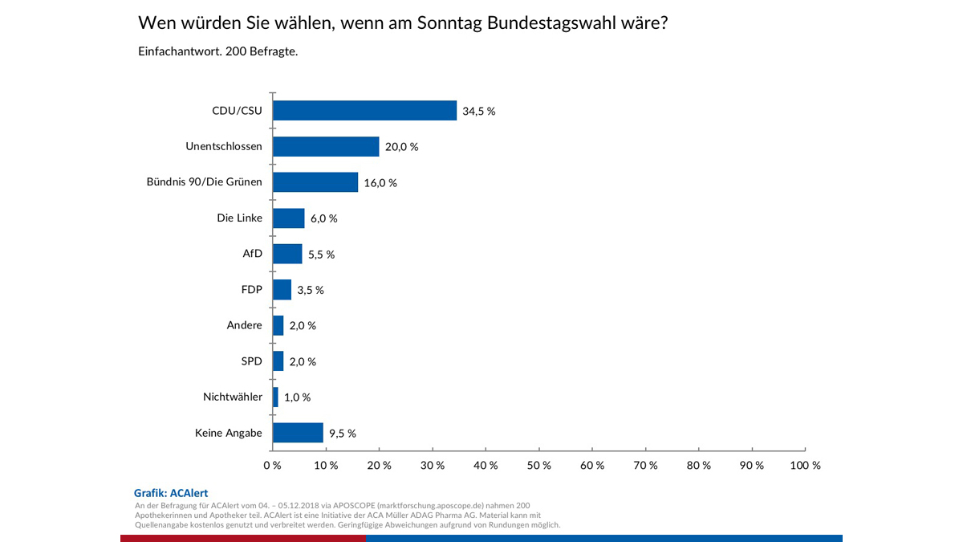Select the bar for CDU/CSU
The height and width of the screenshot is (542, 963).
coord(364,111)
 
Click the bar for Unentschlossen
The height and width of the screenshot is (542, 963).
coord(326,146)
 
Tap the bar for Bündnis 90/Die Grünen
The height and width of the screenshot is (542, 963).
coord(315,182)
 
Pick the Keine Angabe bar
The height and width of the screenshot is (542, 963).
coord(298,433)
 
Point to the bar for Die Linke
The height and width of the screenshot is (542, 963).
coord(289,218)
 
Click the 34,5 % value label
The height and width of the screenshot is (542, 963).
coord(479,112)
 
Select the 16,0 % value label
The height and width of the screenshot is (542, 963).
coord(380,183)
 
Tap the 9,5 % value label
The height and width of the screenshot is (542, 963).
coord(343,434)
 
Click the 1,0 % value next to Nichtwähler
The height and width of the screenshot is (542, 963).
coord(297,397)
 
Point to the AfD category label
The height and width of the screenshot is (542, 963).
coord(252,254)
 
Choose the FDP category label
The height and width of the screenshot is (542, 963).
coord(251,290)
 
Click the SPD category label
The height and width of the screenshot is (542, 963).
coord(251,361)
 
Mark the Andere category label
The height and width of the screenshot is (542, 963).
coord(245,325)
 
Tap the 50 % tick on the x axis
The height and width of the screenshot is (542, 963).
coord(539,465)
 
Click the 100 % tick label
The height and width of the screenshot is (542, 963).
coord(805,465)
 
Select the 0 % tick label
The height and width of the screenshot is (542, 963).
coord(272,465)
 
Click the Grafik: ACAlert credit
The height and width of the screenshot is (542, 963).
coord(171,492)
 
